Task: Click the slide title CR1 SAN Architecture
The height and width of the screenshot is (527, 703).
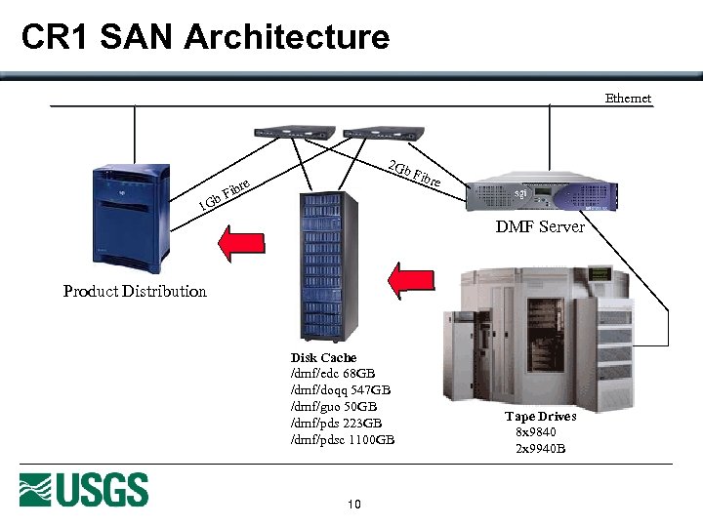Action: click(205, 37)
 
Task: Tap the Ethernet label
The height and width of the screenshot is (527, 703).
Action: click(628, 98)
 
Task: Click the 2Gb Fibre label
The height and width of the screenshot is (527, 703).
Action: click(414, 174)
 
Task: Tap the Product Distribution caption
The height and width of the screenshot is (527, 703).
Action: click(135, 291)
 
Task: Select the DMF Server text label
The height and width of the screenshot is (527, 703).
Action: click(540, 227)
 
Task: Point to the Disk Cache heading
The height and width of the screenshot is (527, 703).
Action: click(323, 358)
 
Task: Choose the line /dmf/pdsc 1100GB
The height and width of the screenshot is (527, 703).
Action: click(343, 439)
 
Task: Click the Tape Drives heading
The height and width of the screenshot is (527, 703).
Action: click(540, 417)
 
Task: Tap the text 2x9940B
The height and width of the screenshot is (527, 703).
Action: click(540, 449)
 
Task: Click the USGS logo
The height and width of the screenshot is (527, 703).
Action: click(84, 489)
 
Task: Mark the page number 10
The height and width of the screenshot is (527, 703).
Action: click(353, 505)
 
